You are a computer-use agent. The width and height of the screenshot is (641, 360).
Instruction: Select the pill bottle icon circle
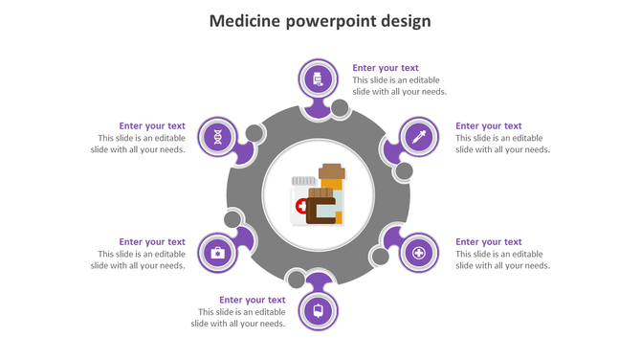(318, 79)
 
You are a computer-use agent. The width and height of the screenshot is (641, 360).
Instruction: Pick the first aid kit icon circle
(218, 253)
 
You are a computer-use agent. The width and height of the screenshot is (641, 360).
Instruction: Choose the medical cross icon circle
(418, 254)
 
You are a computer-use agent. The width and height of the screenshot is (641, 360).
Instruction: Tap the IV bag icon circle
(318, 311)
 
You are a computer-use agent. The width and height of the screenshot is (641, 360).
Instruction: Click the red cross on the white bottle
(301, 206)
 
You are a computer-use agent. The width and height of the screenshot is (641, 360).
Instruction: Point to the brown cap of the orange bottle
(332, 171)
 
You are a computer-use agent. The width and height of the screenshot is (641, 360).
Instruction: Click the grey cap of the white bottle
(304, 180)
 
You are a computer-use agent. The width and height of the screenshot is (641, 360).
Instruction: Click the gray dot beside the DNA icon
(254, 133)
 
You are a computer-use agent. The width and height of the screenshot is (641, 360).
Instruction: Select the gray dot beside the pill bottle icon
(340, 108)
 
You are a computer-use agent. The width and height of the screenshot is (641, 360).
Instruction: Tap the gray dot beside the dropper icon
(404, 171)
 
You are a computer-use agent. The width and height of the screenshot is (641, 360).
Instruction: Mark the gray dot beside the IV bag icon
(297, 280)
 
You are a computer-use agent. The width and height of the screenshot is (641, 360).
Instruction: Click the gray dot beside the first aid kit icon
(232, 220)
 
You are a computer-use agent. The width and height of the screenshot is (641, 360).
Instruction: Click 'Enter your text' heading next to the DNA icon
(152, 125)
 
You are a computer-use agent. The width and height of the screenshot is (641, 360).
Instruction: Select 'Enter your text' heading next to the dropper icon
(488, 125)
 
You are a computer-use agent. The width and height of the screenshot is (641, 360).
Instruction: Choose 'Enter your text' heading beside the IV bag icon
(252, 300)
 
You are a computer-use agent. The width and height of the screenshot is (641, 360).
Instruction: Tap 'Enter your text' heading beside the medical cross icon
(488, 241)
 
